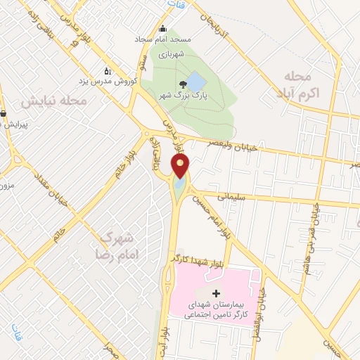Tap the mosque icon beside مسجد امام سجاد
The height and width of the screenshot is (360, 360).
[x=164, y=29]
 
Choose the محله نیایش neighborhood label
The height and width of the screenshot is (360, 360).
[x=52, y=101]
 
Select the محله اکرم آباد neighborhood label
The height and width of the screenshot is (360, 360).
[x=308, y=84]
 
